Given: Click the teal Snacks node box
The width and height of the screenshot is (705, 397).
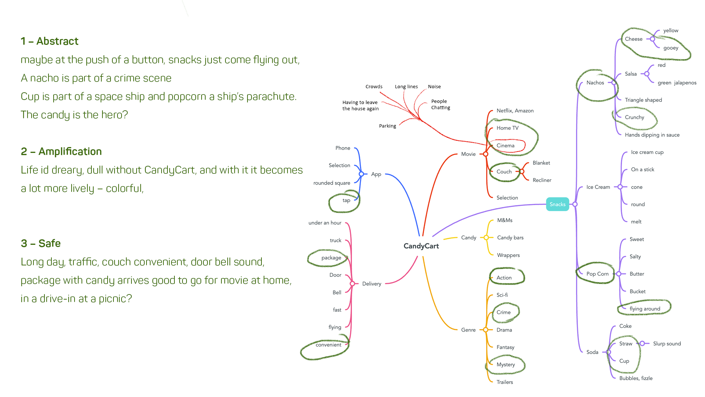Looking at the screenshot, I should click(557, 204).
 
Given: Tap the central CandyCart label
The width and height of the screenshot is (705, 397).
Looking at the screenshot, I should click(421, 246).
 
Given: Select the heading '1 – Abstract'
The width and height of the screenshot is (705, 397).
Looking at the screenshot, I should click(50, 41).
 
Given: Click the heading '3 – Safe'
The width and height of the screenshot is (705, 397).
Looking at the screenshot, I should click(41, 243).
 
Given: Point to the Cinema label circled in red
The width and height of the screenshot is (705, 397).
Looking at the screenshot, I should click(506, 146).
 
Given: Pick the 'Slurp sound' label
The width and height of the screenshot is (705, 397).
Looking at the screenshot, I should click(667, 344).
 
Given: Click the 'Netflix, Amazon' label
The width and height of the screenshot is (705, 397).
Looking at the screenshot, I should click(515, 111).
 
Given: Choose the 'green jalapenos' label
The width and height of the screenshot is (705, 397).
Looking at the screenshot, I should click(677, 83).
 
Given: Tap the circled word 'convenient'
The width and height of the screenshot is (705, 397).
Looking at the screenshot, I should click(328, 345).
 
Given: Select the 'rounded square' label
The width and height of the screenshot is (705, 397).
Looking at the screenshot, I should click(332, 183).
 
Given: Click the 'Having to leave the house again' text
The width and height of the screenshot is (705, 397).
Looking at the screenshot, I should click(360, 105).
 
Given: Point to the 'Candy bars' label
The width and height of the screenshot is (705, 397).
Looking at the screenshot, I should click(510, 238).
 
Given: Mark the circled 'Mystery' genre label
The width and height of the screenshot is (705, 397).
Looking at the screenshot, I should click(506, 365).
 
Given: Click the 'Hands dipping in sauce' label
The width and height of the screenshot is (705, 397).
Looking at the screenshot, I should click(652, 135).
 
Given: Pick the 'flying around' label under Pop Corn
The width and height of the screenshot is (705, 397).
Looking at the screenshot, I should click(645, 309).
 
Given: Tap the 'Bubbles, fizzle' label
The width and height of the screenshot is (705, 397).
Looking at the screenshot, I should click(636, 378).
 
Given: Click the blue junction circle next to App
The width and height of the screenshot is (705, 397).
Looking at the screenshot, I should click(361, 174).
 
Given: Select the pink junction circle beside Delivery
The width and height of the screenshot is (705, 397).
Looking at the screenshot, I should click(352, 284).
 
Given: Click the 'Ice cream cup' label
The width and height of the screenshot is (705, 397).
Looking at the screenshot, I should click(647, 152).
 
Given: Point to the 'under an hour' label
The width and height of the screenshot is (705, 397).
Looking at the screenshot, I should click(325, 223).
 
